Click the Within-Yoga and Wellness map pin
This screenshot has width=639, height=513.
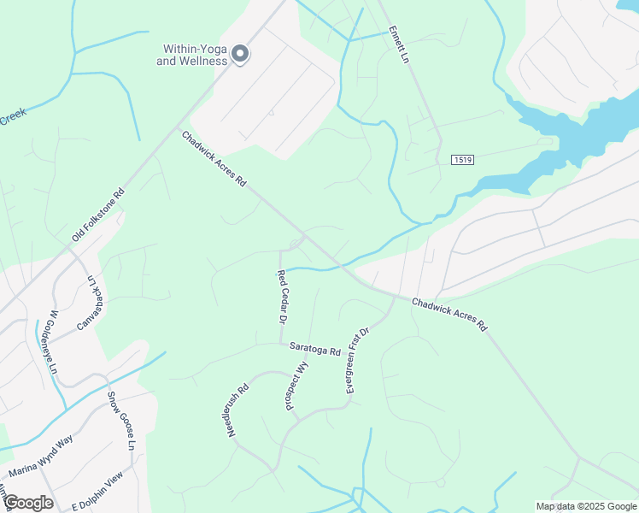click(x=240, y=53)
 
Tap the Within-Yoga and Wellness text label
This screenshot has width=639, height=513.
click(x=192, y=56)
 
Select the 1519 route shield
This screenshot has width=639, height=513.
click(x=462, y=160)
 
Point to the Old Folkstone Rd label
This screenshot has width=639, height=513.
click(x=98, y=214)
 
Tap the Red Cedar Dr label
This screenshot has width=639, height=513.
click(x=279, y=297)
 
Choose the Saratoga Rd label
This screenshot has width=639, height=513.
click(x=314, y=349)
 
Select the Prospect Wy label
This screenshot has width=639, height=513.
click(x=296, y=386)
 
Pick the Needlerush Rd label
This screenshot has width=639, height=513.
click(x=237, y=410)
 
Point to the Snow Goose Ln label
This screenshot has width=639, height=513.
click(x=120, y=421)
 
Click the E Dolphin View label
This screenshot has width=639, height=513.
click(x=98, y=491)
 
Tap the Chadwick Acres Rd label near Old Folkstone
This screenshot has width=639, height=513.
click(x=214, y=158)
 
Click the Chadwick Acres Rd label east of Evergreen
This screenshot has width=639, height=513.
click(x=448, y=315)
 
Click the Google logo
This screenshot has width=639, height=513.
click(x=28, y=503)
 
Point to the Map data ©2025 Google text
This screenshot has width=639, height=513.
click(x=586, y=506)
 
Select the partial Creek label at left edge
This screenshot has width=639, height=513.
click(x=12, y=115)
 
